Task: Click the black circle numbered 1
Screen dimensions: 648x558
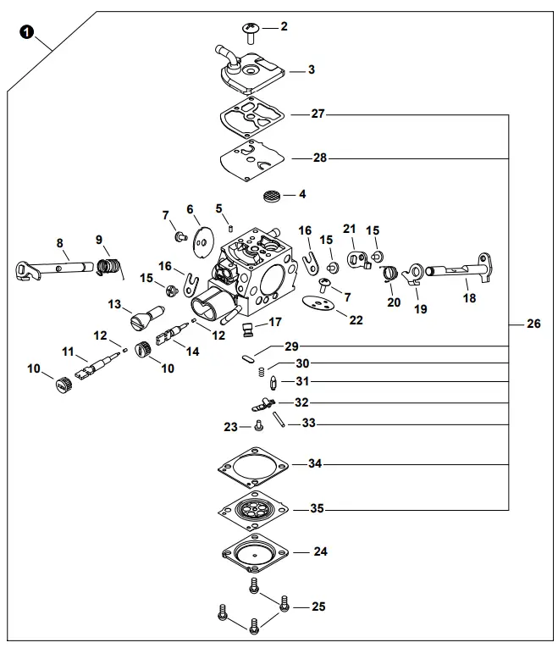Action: [x=26, y=33]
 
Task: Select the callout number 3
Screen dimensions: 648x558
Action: [x=312, y=69]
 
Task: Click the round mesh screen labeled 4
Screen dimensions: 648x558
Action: [x=271, y=196]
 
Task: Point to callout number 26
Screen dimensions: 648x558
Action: [x=533, y=324]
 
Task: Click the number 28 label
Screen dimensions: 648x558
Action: [x=319, y=158]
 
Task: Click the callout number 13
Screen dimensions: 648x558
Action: [x=115, y=303]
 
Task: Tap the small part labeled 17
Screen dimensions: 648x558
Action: [x=248, y=327]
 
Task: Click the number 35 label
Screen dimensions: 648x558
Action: [x=317, y=509]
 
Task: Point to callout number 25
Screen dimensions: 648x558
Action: [x=318, y=606]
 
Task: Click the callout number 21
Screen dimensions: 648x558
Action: [x=349, y=230]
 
